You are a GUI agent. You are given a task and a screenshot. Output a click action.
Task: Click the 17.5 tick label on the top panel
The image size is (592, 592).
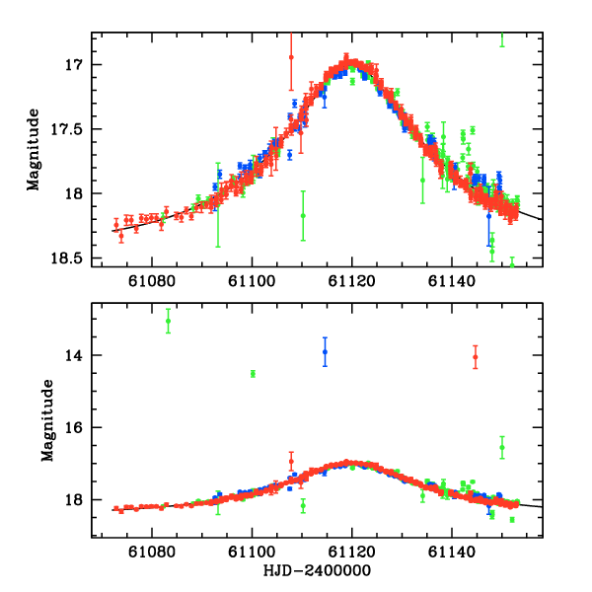tap(73, 129)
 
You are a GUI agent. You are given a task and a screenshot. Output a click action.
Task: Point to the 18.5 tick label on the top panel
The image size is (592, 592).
tap(73, 258)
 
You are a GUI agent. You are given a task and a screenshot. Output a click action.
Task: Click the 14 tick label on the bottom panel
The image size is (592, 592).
tap(78, 355)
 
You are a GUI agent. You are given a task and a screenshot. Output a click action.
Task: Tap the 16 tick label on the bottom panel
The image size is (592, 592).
tap(78, 427)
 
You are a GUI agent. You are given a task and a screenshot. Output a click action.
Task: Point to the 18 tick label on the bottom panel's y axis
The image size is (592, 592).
tap(78, 500)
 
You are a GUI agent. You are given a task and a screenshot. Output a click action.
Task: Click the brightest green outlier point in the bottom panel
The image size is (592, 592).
tap(169, 322)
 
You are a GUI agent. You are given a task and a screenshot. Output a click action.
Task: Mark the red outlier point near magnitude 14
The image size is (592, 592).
tap(476, 357)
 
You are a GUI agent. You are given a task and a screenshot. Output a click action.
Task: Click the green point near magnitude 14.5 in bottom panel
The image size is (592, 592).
tap(254, 373)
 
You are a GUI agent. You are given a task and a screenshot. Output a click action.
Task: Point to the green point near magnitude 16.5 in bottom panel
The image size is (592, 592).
tap(502, 447)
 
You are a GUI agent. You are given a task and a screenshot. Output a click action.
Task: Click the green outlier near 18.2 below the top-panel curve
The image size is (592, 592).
tap(303, 214)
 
